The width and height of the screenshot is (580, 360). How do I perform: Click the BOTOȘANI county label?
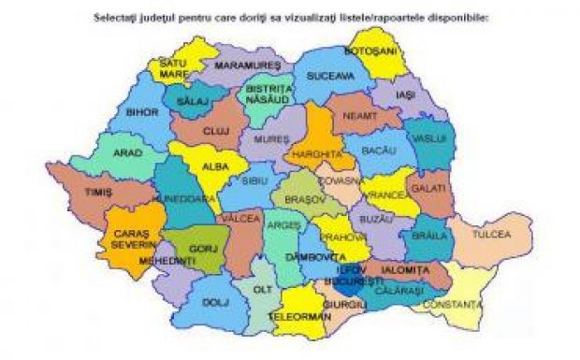click(372, 50)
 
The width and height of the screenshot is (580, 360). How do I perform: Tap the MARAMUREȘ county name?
click(248, 66)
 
